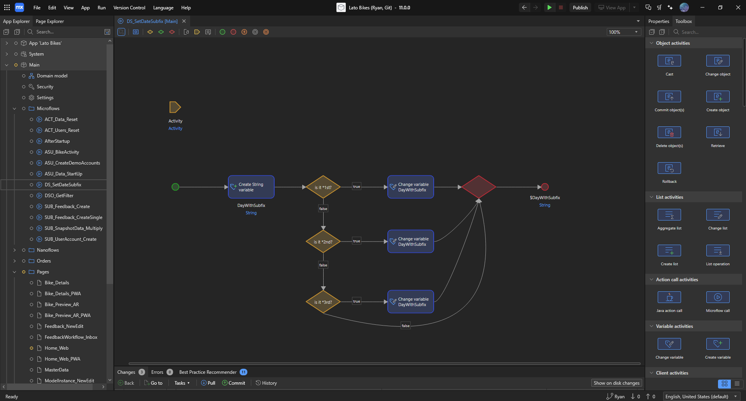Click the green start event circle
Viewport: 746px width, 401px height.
175,187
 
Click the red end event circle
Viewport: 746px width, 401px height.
545,187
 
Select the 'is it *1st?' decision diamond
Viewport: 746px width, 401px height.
323,187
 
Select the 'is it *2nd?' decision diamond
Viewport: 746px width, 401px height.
323,242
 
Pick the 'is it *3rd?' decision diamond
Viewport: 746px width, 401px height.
323,302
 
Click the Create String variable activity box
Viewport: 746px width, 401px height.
251,187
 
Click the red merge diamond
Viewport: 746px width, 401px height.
479,187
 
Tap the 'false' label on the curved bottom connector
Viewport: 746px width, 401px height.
406,326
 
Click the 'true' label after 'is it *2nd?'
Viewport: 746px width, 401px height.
357,241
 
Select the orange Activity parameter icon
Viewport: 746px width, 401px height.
175,107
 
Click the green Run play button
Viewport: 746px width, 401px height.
549,7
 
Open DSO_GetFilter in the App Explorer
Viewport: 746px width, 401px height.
59,196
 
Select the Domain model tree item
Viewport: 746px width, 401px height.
52,76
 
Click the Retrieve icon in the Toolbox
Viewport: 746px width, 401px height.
718,133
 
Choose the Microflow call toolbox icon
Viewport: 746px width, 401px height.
718,298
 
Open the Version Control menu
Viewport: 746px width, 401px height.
129,7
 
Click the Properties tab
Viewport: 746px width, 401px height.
658,21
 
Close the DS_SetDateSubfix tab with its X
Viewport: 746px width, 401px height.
184,21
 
